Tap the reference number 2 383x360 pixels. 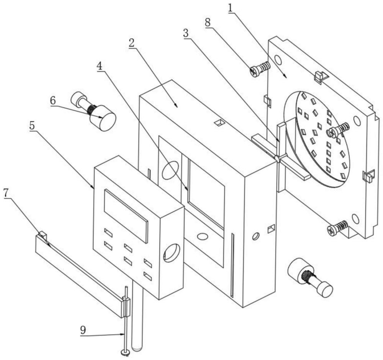132,43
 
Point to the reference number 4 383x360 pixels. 100,66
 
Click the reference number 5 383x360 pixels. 32,125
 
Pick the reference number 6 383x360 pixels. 53,101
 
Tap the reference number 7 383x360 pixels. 7,193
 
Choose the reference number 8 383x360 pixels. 208,23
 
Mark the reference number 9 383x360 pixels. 83,330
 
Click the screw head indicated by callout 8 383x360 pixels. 254,72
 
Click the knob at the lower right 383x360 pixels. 310,278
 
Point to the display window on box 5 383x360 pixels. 126,216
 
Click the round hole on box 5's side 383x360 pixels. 172,253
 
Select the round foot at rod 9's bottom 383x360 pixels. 125,352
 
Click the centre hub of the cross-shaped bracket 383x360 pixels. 277,158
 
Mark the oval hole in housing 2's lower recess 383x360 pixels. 202,236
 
